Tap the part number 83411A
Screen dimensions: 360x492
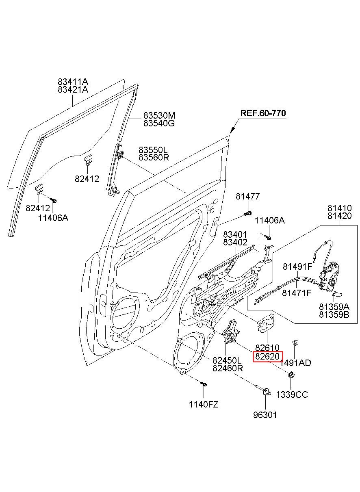73,82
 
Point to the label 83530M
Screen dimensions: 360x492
159,115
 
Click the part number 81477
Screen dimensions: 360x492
248,196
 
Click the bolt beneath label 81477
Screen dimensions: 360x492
247,213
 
